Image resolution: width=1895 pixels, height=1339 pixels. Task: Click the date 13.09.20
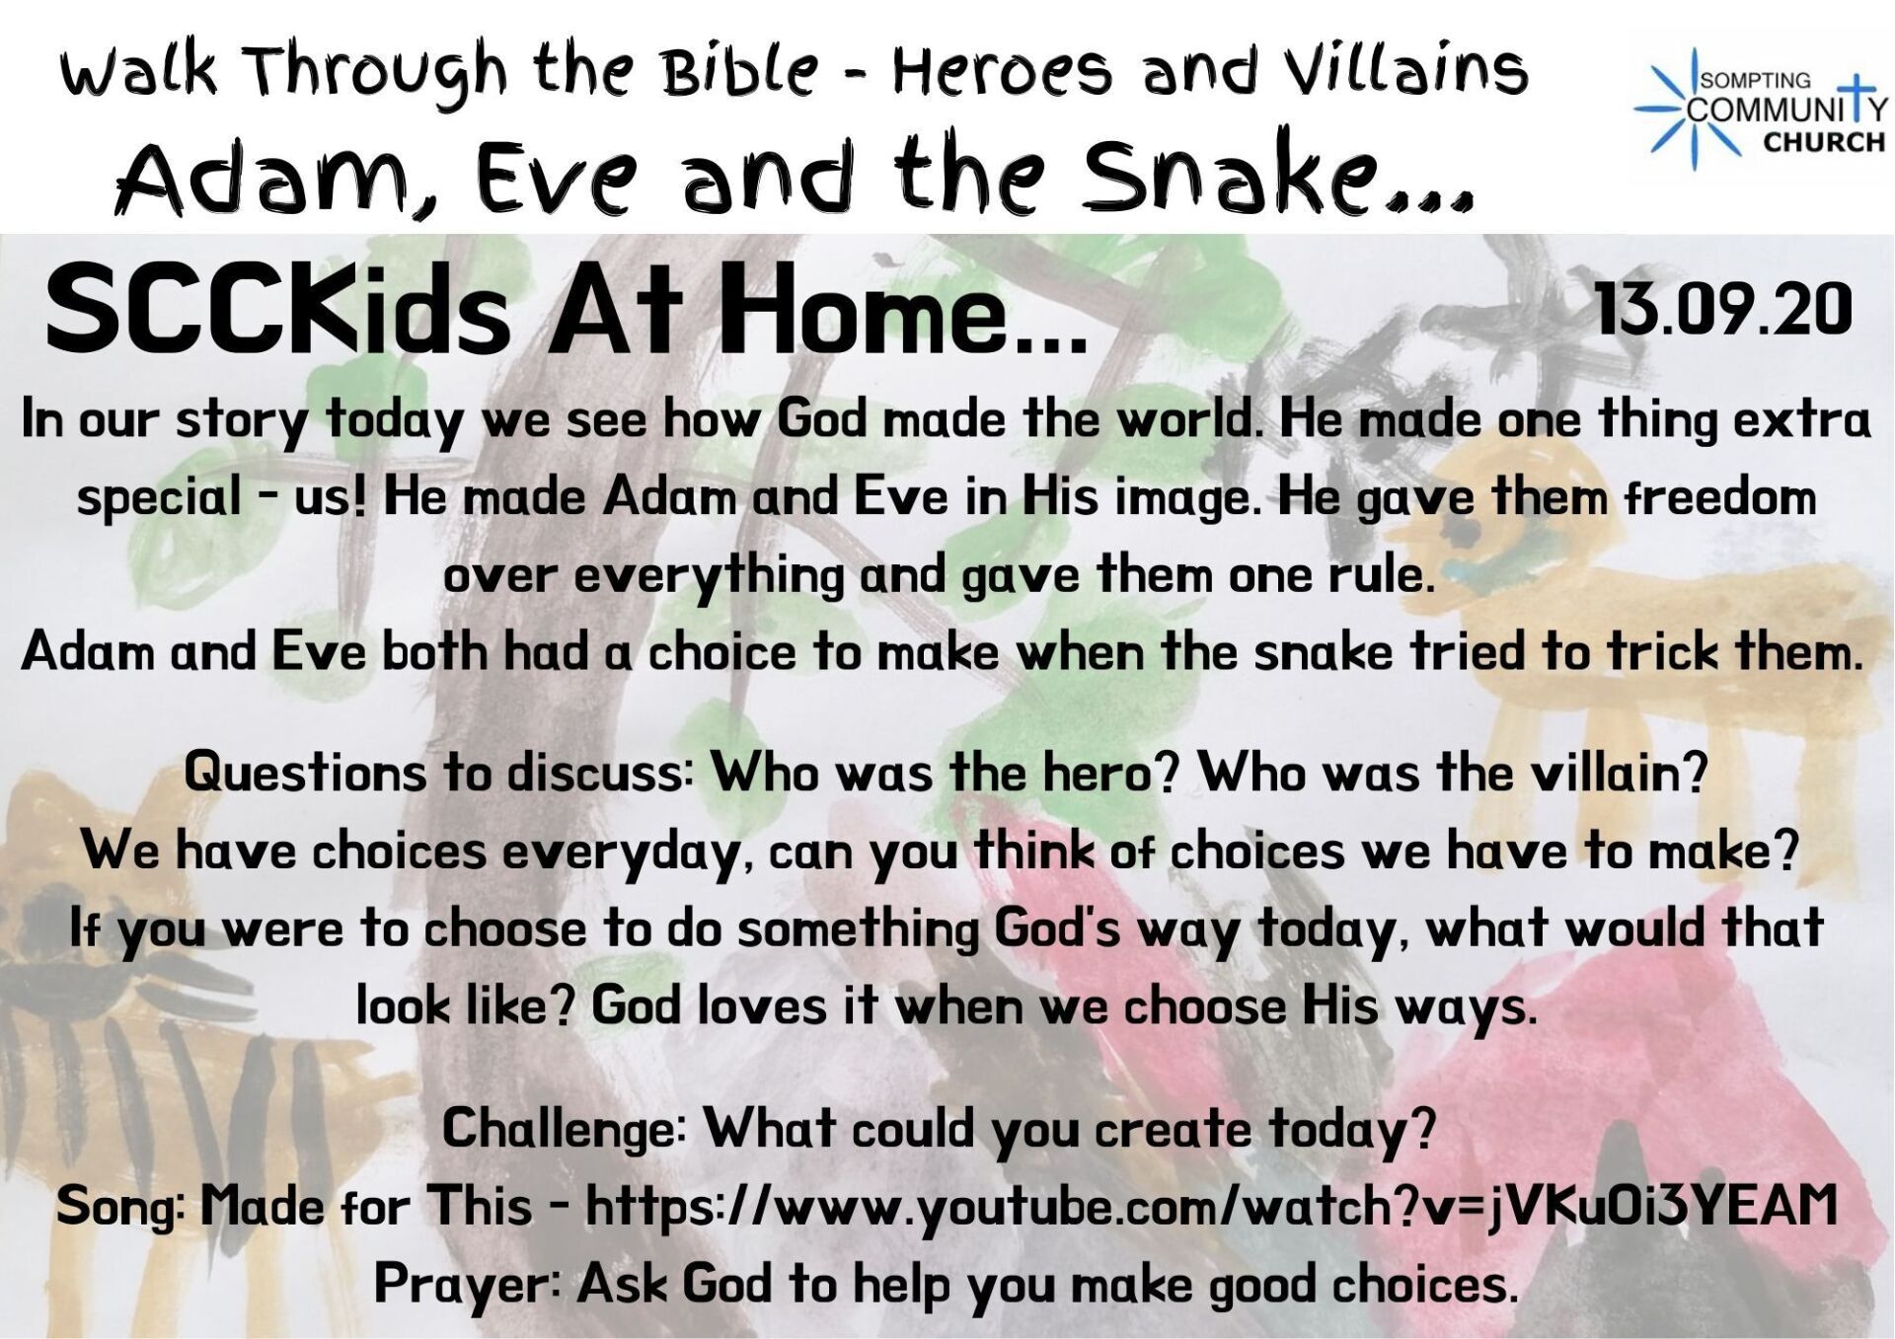pyautogui.click(x=1722, y=309)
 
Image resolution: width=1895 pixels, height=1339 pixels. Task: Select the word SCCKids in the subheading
pyautogui.click(x=277, y=310)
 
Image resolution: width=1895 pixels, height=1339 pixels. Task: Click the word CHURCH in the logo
pyautogui.click(x=1824, y=142)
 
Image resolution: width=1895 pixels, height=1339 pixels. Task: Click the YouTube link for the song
pyautogui.click(x=1211, y=1206)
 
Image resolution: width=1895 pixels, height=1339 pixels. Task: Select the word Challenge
pyautogui.click(x=564, y=1129)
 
